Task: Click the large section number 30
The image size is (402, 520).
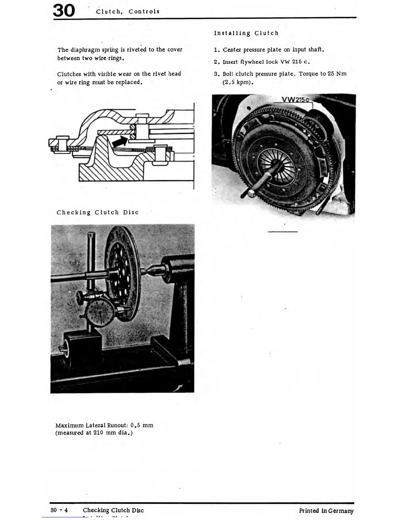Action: point(64,11)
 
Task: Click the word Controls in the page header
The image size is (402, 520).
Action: point(144,11)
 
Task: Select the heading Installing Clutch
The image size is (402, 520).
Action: point(246,33)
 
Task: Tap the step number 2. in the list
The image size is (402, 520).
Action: point(216,62)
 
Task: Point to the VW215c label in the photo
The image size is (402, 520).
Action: point(295,99)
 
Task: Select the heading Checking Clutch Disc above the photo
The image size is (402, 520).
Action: point(98,212)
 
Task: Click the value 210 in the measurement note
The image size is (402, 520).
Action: point(98,433)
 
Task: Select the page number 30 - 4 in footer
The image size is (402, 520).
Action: point(59,510)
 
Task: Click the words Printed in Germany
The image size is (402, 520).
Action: point(326,510)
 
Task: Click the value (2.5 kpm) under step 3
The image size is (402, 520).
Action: point(238,82)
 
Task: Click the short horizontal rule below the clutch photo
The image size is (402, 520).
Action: point(282,232)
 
